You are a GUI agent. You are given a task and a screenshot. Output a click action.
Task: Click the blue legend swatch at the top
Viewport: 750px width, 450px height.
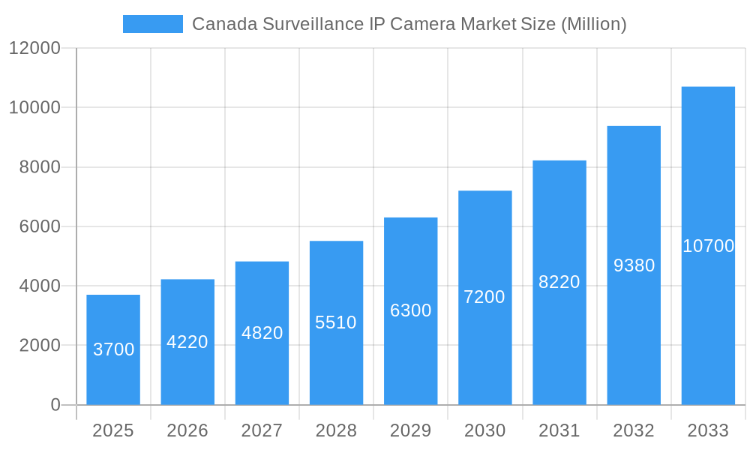pyautogui.click(x=152, y=24)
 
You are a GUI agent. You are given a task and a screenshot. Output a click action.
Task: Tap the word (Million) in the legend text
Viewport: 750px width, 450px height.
pyautogui.click(x=592, y=24)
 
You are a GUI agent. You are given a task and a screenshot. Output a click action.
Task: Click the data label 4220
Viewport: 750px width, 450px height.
pyautogui.click(x=187, y=342)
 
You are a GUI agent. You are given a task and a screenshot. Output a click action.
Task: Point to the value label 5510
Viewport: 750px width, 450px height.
pyautogui.click(x=336, y=322)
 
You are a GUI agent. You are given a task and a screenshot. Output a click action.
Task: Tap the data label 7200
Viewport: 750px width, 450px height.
pyautogui.click(x=484, y=297)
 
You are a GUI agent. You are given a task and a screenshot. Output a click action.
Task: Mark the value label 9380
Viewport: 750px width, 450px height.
pyautogui.click(x=634, y=265)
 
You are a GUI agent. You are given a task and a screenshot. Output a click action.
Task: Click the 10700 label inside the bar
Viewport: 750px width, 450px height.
pyautogui.click(x=708, y=246)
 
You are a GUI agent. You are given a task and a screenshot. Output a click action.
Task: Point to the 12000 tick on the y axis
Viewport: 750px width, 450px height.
pyautogui.click(x=34, y=48)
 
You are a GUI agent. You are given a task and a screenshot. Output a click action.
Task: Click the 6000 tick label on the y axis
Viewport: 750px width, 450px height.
pyautogui.click(x=40, y=226)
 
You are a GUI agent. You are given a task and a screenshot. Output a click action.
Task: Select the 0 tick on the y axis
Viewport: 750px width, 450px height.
pyautogui.click(x=55, y=405)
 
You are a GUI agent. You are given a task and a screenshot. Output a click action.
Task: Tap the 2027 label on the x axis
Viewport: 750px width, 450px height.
pyautogui.click(x=262, y=430)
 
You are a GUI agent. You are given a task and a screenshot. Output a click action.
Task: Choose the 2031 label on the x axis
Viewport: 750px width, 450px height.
pyautogui.click(x=559, y=430)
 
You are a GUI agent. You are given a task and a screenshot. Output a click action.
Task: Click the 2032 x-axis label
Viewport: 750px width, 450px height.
pyautogui.click(x=634, y=430)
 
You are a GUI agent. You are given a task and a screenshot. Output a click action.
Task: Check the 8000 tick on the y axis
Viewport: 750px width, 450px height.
pyautogui.click(x=40, y=167)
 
